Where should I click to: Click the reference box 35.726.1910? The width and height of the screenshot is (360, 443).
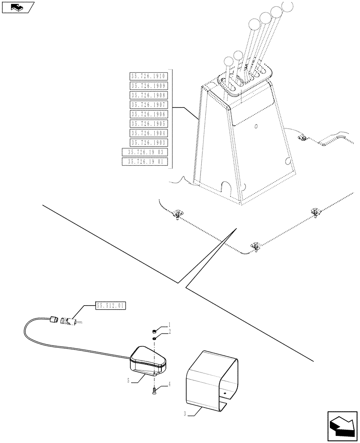click(148, 76)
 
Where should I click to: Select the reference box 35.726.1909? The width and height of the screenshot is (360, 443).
click(148, 85)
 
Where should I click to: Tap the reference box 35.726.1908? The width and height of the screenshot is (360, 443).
click(148, 95)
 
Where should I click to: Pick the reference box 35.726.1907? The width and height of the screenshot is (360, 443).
click(148, 105)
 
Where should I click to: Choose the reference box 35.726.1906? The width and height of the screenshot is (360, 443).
click(148, 114)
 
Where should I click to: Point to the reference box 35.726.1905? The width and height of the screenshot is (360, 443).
click(148, 124)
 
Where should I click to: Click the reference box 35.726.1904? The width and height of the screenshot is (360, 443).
click(148, 133)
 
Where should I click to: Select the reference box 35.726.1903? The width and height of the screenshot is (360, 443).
click(148, 142)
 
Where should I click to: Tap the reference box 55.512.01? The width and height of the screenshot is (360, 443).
click(111, 305)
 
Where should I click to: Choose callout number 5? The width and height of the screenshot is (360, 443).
click(128, 381)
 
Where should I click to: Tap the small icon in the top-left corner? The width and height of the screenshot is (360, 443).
click(17, 7)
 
